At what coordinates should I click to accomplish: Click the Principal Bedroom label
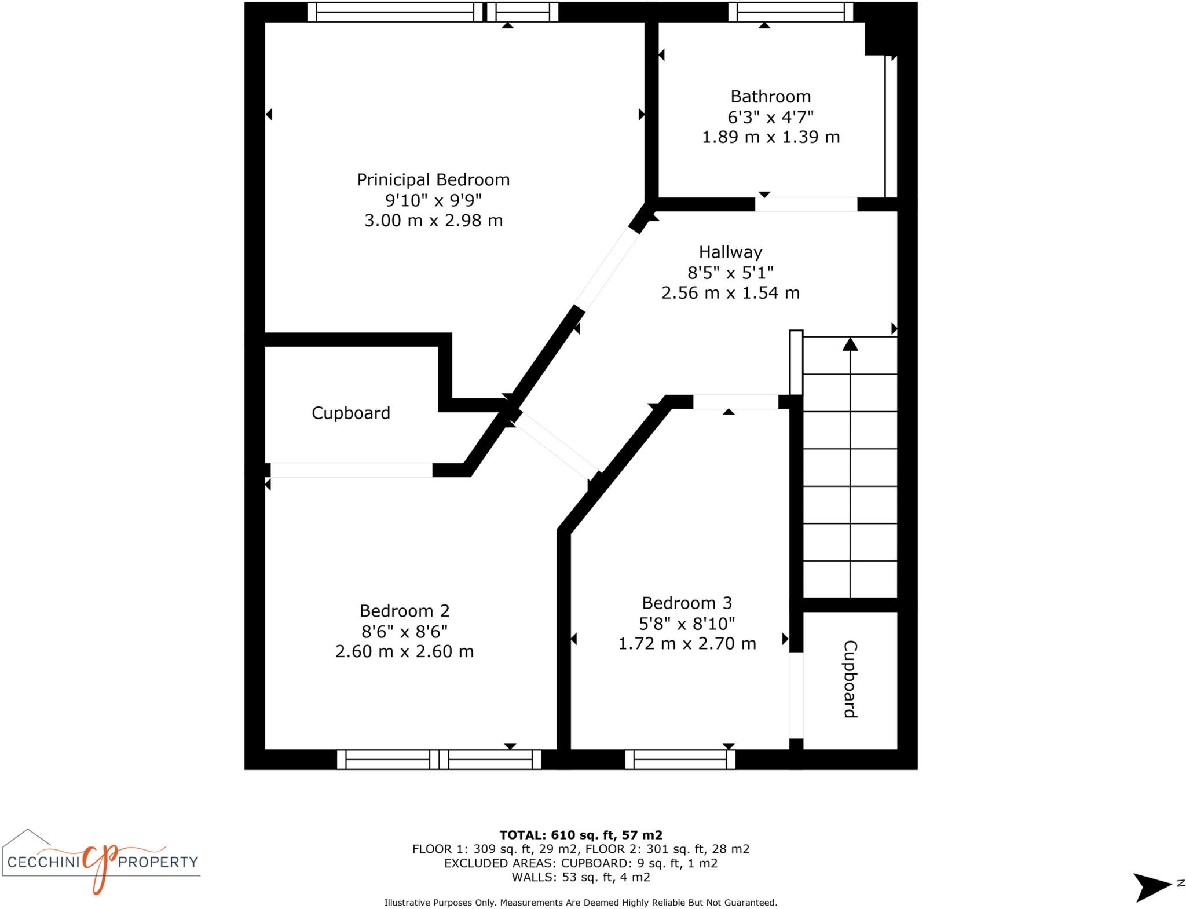[x=433, y=180]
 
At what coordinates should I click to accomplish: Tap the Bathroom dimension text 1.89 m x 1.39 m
[x=770, y=137]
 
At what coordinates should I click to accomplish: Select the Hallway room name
[x=730, y=252]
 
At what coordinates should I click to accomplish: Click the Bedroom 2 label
[x=404, y=611]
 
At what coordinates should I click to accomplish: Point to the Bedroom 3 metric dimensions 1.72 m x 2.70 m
[x=687, y=644]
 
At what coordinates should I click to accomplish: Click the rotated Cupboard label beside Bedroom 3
[x=850, y=679]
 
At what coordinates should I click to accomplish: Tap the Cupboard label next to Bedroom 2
[x=351, y=413]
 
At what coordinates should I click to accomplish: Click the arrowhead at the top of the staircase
[x=850, y=344]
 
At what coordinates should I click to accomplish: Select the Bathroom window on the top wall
[x=790, y=12]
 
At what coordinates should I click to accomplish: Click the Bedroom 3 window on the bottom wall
[x=680, y=759]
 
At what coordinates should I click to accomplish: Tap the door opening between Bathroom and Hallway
[x=806, y=204]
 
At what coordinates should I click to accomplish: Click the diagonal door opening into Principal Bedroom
[x=606, y=269]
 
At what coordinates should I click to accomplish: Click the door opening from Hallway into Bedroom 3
[x=735, y=402]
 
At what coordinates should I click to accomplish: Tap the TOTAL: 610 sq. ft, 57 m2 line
[x=580, y=835]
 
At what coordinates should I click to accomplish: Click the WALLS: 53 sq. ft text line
[x=580, y=877]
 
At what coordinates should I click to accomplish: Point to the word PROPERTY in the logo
[x=158, y=862]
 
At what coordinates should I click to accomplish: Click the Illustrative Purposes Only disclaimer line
[x=580, y=903]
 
